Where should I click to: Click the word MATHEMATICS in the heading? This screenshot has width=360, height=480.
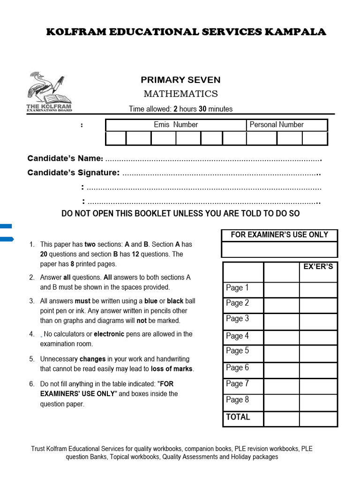(180, 94)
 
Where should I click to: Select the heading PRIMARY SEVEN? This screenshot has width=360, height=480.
(180, 80)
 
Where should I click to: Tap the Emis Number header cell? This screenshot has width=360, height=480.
(176, 125)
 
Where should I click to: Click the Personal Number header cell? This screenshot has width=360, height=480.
(277, 125)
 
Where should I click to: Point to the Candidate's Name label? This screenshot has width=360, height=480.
(65, 158)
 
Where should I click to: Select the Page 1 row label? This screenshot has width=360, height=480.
(237, 288)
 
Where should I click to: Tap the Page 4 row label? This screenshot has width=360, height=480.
(237, 336)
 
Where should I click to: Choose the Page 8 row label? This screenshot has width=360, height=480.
(237, 400)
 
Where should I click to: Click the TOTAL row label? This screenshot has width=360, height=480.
(238, 417)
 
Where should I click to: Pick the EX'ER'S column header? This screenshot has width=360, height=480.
(318, 267)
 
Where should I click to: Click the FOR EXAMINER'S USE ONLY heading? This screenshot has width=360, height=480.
(279, 235)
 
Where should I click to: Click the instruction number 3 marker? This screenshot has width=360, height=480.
(31, 301)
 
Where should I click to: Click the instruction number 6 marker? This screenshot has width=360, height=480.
(31, 384)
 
